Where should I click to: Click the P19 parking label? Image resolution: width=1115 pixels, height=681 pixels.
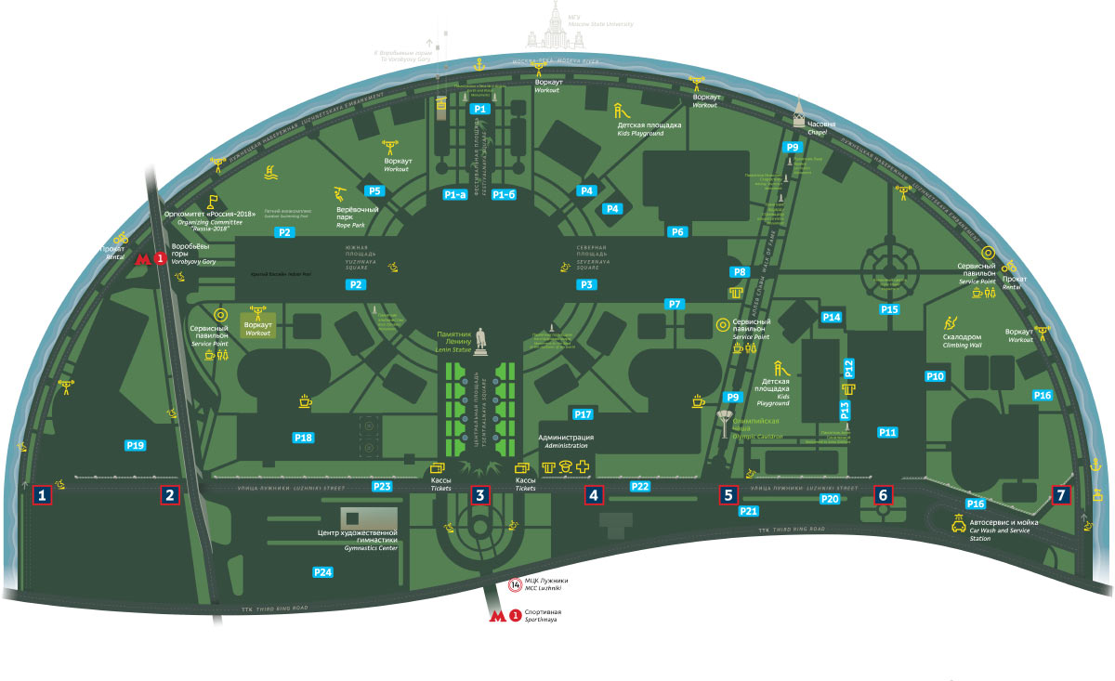click(136, 446)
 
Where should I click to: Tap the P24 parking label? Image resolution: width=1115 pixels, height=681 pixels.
click(322, 571)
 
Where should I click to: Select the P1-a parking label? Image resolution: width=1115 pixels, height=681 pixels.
click(454, 195)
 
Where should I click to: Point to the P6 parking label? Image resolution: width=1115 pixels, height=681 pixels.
click(677, 231)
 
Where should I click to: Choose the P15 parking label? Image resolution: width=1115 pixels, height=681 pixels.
click(889, 309)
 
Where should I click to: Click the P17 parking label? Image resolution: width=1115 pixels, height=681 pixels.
click(583, 413)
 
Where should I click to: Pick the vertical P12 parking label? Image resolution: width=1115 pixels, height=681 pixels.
click(847, 368)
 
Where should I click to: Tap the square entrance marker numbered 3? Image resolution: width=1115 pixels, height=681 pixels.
click(479, 495)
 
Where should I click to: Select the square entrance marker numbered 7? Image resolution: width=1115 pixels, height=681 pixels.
click(1061, 495)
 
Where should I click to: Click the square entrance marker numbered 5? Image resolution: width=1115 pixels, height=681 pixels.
click(729, 495)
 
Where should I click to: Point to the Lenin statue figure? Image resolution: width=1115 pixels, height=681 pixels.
click(480, 341)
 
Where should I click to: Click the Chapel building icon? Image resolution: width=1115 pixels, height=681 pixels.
click(797, 115)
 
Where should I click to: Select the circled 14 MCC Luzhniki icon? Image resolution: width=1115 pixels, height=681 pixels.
click(516, 584)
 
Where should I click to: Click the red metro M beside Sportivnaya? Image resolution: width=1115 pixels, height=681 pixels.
click(499, 614)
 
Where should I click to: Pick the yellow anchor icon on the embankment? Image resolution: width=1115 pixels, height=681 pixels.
click(479, 64)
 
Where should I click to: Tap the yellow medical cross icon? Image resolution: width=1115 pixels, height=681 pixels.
click(583, 467)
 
